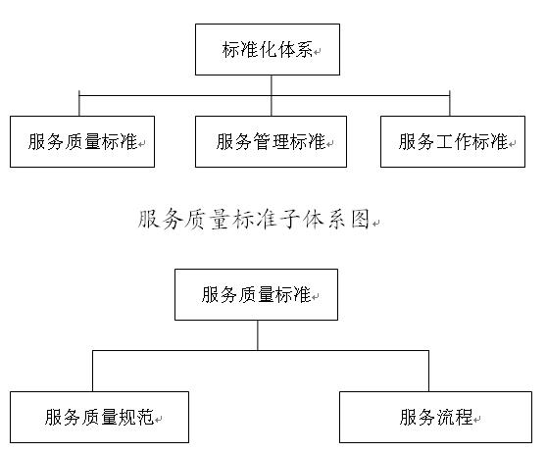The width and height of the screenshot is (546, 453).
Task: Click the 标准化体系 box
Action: coord(268,49)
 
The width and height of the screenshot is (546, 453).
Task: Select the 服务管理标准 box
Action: coord(271,142)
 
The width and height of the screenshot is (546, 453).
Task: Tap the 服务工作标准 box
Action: coord(453,142)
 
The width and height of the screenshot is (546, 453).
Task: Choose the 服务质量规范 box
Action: coord(100,417)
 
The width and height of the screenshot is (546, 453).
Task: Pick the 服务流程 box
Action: coord(435,417)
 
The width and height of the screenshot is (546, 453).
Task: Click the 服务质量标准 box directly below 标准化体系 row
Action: coord(82,142)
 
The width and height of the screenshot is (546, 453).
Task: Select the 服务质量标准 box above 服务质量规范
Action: coord(256,294)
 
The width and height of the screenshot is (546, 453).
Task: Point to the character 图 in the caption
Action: coord(360,220)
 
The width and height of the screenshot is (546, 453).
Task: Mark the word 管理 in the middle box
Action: coord(271,142)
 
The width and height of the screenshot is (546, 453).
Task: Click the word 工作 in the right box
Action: coord(453,142)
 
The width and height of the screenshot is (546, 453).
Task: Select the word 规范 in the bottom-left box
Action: coord(136,417)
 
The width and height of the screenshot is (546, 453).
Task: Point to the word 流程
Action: coord(454,417)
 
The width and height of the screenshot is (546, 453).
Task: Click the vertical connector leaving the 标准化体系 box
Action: coord(272,95)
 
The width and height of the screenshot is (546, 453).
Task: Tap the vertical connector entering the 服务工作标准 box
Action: coord(450,103)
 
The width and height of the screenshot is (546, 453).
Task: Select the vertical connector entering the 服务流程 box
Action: coord(428,371)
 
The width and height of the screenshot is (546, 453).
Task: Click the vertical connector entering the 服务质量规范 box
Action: coord(92,371)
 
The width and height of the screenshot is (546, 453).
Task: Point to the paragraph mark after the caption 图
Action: coord(375,224)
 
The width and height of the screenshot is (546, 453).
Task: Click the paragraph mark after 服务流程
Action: coord(476,420)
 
